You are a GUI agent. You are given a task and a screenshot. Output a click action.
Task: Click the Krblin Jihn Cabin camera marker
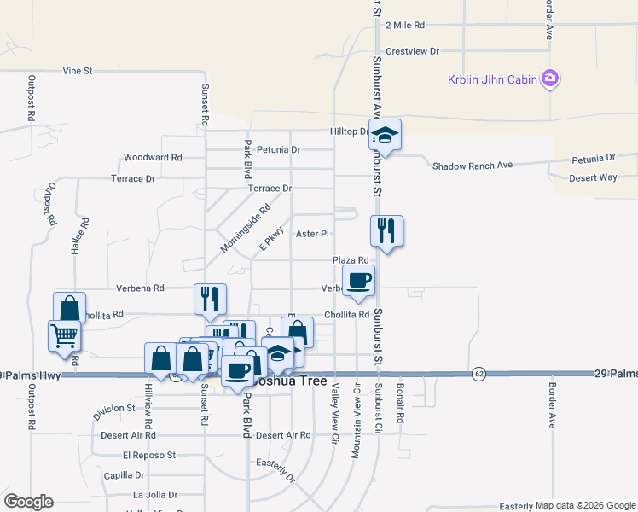(550, 79)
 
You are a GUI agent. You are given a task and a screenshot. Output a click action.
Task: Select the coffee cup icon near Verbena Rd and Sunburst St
(358, 280)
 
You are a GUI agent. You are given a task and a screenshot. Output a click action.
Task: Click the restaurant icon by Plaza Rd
(386, 230)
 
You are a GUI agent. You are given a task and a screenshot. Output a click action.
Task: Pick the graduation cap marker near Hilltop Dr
(386, 135)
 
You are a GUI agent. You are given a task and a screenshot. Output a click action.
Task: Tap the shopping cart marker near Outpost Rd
(65, 335)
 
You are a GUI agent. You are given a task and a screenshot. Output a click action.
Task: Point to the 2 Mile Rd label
(405, 26)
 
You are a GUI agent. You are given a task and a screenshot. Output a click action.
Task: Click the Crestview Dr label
(412, 51)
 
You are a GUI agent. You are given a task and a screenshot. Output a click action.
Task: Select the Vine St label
(78, 71)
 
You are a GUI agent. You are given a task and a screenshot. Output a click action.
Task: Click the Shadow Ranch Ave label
(472, 166)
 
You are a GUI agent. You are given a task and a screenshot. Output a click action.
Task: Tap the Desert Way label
(594, 177)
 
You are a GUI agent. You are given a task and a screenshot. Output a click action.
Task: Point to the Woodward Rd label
(153, 158)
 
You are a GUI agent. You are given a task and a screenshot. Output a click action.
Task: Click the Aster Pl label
(312, 233)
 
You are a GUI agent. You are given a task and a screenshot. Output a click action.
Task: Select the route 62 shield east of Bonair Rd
(478, 374)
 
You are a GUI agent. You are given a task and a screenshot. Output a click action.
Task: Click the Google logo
(28, 502)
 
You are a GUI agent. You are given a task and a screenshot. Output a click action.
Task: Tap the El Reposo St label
(149, 456)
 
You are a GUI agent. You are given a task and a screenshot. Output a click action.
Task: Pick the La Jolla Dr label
(155, 494)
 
